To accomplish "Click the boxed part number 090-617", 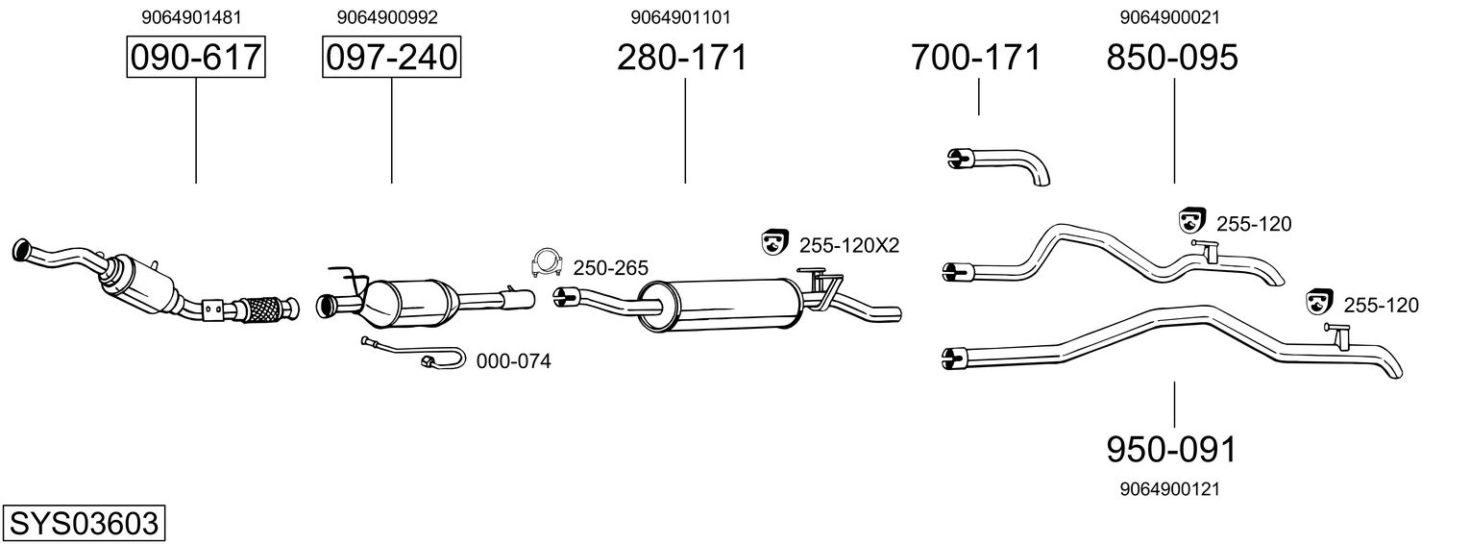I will (196, 58).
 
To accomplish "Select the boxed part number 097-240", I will (391, 58).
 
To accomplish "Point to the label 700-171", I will (975, 58).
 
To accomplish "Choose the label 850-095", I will (1172, 58).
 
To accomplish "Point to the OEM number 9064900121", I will (1169, 489).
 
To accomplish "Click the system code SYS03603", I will (83, 524).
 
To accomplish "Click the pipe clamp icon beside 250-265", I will (546, 262).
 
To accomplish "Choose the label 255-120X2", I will (848, 245).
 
